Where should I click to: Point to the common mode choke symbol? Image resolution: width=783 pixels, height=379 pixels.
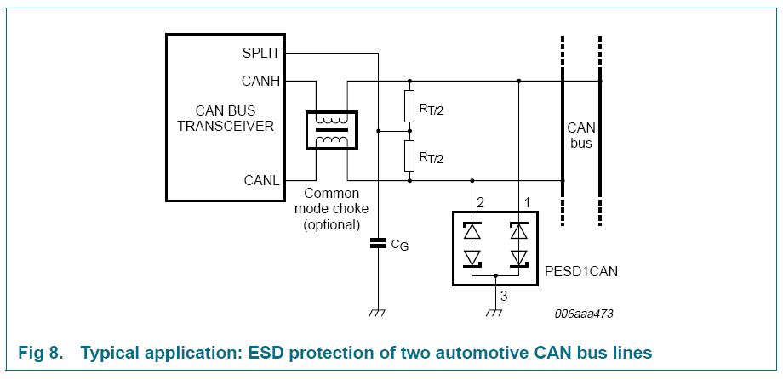click(332, 130)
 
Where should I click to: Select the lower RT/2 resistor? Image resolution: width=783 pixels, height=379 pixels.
click(409, 156)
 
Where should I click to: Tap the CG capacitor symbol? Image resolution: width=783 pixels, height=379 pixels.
click(378, 245)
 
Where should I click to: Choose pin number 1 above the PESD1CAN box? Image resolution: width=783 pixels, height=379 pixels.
click(528, 202)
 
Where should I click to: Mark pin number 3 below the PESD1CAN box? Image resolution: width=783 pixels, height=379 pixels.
click(503, 296)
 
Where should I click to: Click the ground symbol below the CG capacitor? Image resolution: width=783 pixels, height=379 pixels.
click(378, 313)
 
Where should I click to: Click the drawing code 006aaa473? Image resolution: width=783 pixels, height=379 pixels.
click(583, 314)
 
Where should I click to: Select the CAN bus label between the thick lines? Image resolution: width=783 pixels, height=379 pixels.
click(581, 135)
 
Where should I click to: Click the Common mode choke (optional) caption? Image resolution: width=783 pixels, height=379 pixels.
click(332, 209)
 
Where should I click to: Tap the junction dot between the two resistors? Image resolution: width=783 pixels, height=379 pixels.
click(409, 132)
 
